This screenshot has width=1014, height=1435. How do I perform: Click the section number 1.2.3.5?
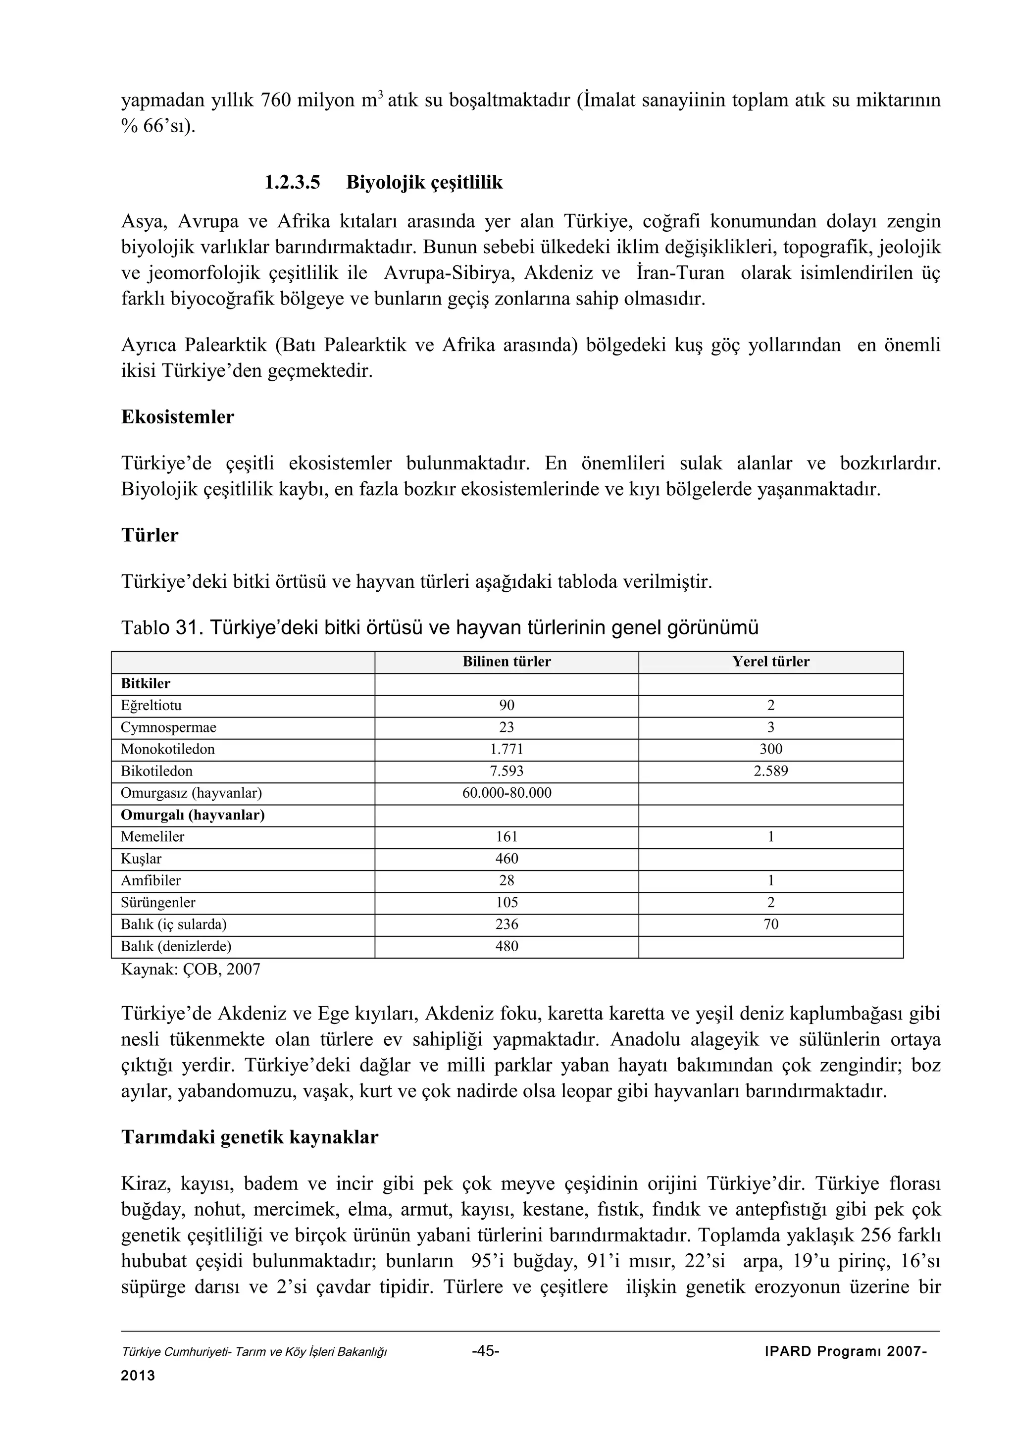pyautogui.click(x=292, y=183)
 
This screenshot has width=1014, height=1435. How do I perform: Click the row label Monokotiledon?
pyautogui.click(x=167, y=749)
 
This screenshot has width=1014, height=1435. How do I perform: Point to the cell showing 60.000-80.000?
pyautogui.click(x=506, y=793)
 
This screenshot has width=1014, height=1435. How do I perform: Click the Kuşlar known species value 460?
pyautogui.click(x=506, y=859)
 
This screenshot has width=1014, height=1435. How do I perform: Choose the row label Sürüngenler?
pyautogui.click(x=158, y=903)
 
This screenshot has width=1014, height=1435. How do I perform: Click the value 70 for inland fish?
pyautogui.click(x=770, y=924)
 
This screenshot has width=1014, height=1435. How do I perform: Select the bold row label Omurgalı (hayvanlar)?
pyautogui.click(x=193, y=815)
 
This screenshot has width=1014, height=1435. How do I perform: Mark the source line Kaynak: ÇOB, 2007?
pyautogui.click(x=191, y=970)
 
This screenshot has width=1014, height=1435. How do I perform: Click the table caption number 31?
pyautogui.click(x=186, y=627)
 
